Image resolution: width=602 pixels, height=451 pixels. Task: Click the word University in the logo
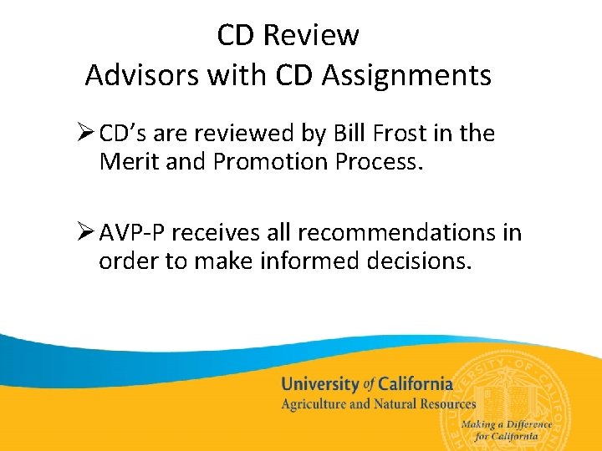(x=319, y=385)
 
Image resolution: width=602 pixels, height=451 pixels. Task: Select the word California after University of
(x=416, y=385)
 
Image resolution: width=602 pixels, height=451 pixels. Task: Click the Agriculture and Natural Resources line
(x=378, y=404)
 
